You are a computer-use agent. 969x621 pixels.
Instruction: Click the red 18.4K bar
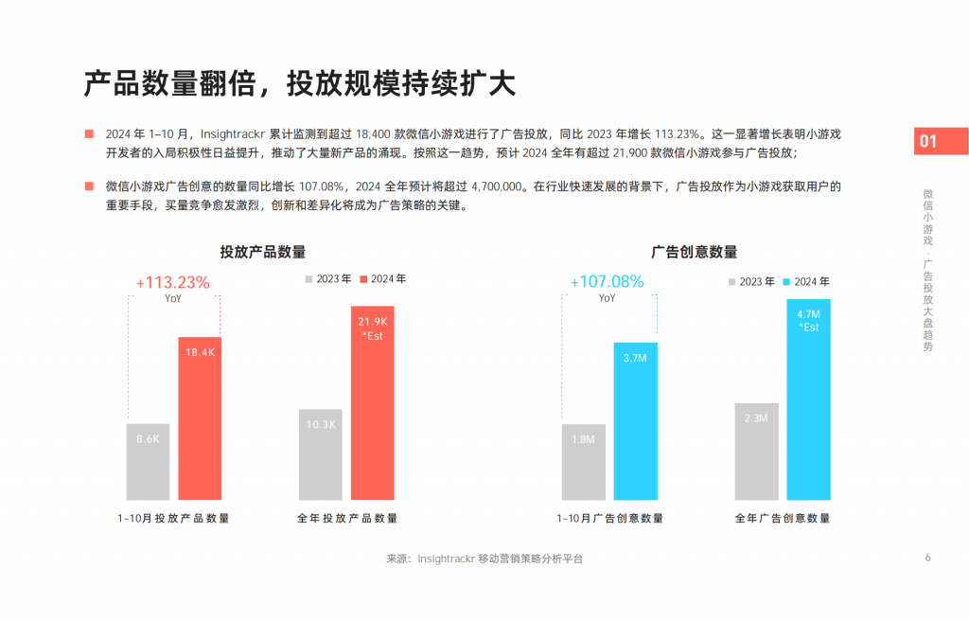pos(200,418)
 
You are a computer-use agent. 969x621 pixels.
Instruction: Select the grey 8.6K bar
pos(148,461)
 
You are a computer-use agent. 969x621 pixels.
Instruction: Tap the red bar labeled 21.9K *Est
pos(372,402)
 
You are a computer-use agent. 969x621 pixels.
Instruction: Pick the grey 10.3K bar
pos(321,454)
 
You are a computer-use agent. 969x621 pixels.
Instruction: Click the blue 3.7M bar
pos(635,420)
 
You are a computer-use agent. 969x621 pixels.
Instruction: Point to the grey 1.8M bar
pos(583,461)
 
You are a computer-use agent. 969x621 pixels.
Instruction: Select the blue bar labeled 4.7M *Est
pos(808,399)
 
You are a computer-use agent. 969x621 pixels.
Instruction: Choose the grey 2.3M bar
pos(756,451)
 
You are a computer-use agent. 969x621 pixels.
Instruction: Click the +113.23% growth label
pos(173,282)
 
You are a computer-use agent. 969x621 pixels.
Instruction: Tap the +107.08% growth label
pos(607,281)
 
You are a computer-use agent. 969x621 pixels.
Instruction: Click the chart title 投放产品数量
pos(263,252)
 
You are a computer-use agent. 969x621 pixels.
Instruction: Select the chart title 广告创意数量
pos(695,252)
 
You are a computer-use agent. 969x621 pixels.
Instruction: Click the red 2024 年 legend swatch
pos(363,279)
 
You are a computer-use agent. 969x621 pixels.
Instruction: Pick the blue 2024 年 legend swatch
pos(786,282)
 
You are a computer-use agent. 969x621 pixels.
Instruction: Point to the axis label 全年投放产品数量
pos(347,518)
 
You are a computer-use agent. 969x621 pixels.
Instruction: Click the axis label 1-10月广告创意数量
pos(609,518)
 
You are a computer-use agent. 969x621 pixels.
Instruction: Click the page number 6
pos(927,557)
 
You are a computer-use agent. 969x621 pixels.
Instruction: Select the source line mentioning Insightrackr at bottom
pos(484,559)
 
